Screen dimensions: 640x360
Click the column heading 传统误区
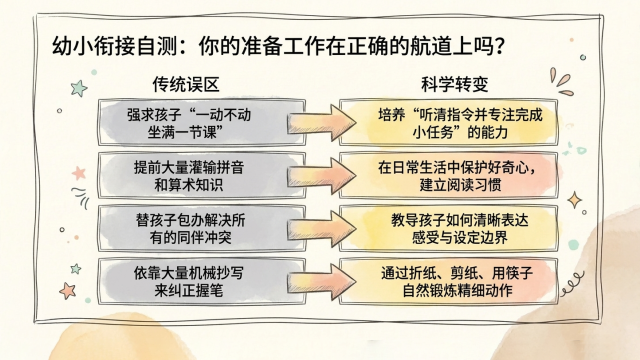click(186, 84)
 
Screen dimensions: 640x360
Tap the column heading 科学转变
click(455, 84)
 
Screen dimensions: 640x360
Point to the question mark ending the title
click(499, 46)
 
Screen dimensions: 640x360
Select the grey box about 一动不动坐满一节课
click(202, 122)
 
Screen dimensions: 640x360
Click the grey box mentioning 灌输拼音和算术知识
click(202, 175)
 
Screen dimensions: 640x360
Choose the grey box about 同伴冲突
click(202, 228)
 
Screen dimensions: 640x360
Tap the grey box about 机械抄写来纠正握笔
click(202, 281)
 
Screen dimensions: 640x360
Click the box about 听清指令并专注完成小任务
click(449, 122)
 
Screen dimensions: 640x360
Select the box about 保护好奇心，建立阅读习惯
click(449, 175)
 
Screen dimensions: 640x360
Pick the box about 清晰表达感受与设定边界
click(449, 228)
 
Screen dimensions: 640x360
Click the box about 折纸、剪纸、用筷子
click(449, 281)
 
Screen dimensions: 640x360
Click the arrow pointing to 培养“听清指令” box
click(322, 122)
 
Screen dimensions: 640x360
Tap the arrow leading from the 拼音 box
click(322, 176)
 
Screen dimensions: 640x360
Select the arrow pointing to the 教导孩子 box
click(322, 229)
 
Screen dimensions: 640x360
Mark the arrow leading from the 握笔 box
click(322, 282)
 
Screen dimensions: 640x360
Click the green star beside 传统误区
click(79, 88)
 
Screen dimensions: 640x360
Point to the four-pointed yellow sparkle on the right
click(575, 200)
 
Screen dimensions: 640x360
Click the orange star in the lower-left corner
click(68, 291)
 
